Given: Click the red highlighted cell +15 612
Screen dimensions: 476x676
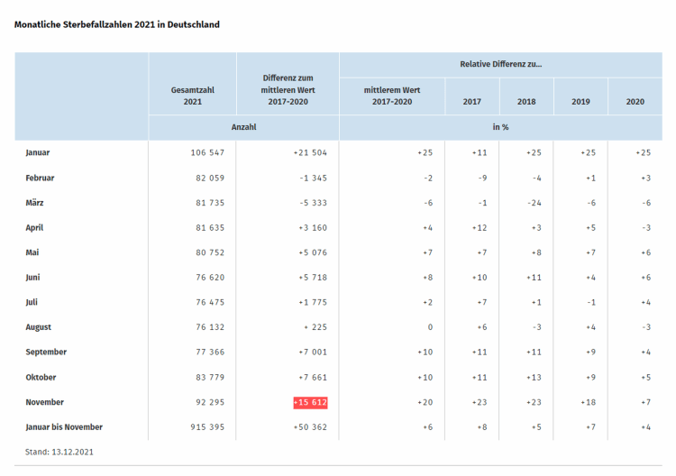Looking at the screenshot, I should tap(310, 402).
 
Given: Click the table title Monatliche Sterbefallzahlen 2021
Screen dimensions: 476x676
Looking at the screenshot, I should tap(117, 24).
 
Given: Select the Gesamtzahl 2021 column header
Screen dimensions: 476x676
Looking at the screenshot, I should tap(192, 96).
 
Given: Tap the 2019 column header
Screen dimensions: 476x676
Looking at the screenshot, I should tap(580, 102).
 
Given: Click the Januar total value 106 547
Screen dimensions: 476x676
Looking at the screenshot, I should tap(203, 153).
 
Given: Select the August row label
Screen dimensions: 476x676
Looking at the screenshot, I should tap(39, 327).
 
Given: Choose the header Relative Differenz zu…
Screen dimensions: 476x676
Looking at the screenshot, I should tap(500, 65).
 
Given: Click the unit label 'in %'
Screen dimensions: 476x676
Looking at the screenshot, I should tap(500, 127).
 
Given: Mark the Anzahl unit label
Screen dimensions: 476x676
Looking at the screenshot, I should tap(243, 127).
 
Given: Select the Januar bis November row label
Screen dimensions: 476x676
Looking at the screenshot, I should tap(64, 426).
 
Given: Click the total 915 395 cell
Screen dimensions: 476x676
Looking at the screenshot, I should tap(203, 426).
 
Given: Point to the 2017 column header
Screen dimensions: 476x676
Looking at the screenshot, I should tap(471, 102).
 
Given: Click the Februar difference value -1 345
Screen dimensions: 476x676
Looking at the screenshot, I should tap(309, 178).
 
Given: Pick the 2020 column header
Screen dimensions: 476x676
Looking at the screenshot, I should tap(635, 102).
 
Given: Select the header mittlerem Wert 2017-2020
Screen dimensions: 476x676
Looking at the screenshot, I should tap(392, 96).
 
